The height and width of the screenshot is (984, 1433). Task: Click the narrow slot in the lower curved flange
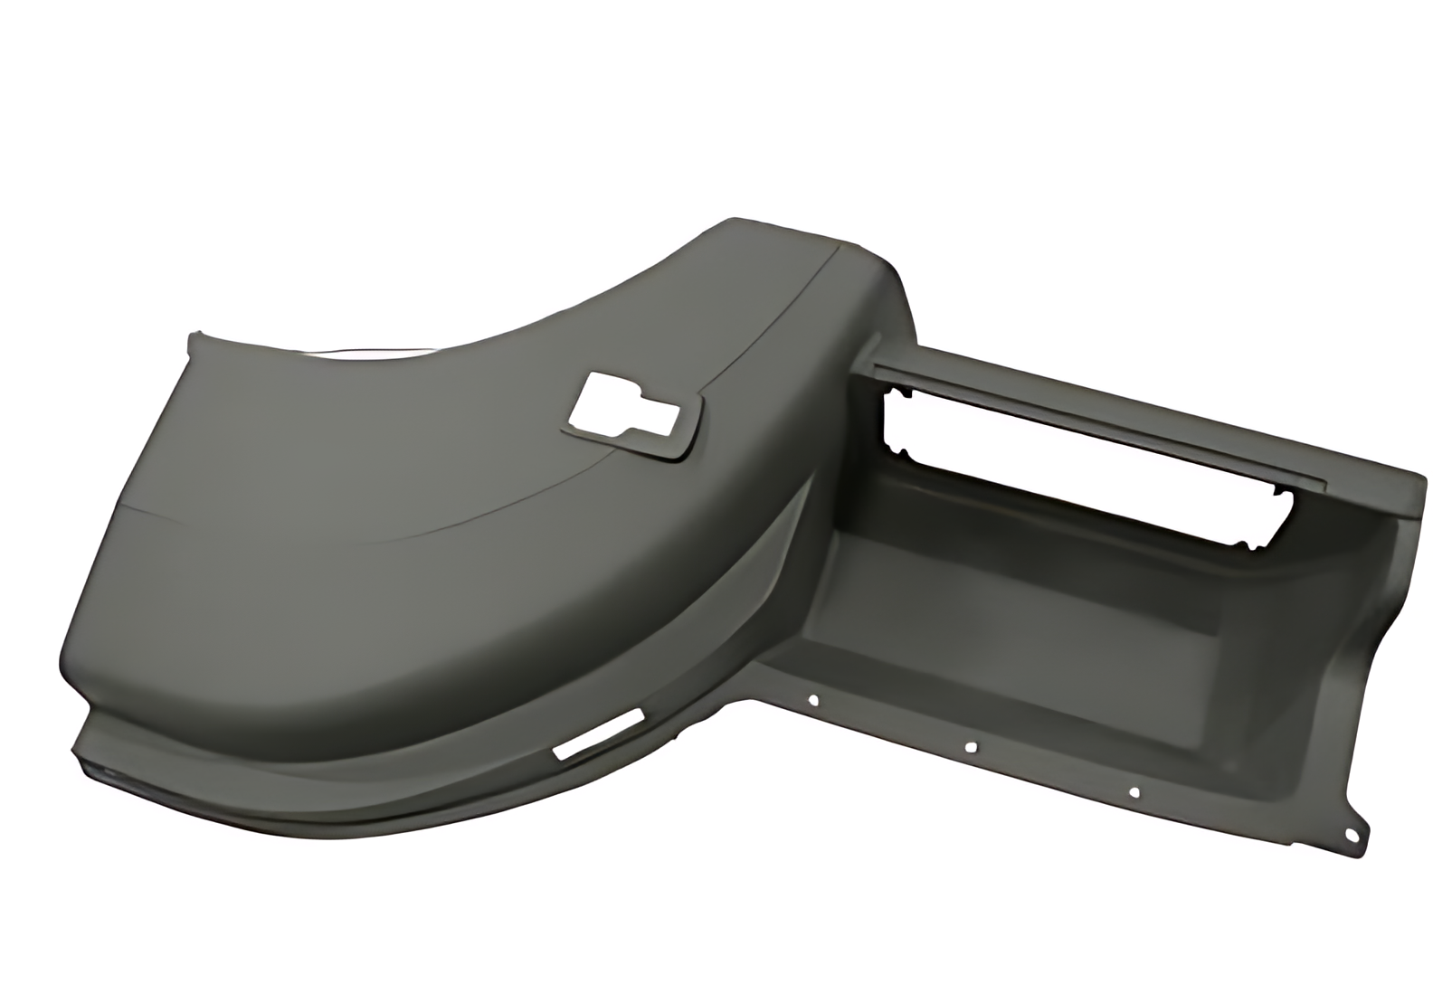point(598,733)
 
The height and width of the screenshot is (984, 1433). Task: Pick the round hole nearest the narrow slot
point(813,699)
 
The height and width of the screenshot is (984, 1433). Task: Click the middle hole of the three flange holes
point(971,747)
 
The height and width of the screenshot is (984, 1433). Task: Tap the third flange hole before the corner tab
point(1134,793)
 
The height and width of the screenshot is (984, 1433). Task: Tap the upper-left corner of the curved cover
point(194,337)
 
